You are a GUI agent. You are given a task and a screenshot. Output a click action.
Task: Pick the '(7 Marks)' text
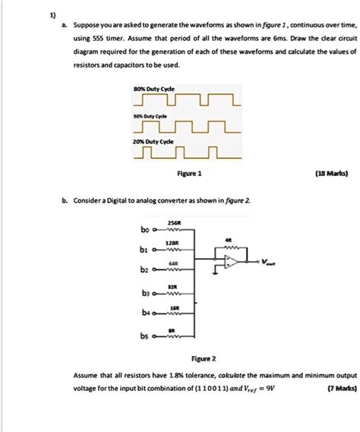(x=336, y=387)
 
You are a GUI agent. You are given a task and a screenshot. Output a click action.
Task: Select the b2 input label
(x=145, y=270)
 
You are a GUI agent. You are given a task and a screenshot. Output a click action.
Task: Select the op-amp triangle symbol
(x=231, y=262)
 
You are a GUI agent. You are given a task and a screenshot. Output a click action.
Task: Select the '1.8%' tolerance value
(x=164, y=375)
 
